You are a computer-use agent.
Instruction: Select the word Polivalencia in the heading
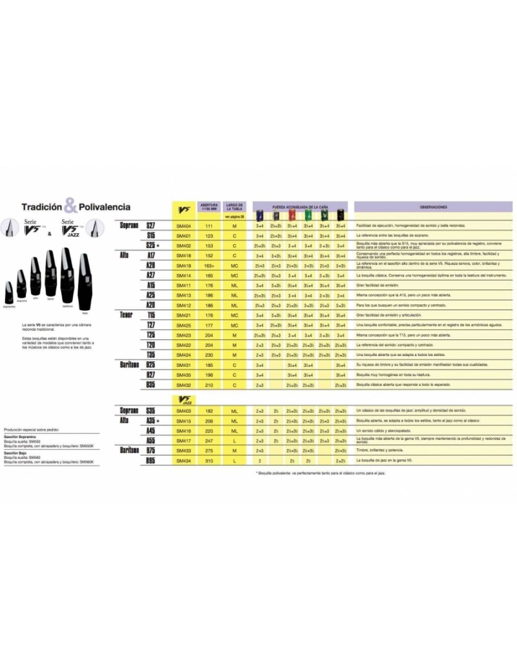pyautogui.click(x=105, y=207)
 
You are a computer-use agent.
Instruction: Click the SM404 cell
pyautogui.click(x=184, y=226)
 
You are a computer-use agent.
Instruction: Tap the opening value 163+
pyautogui.click(x=209, y=265)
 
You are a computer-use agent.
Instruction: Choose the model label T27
pyautogui.click(x=150, y=325)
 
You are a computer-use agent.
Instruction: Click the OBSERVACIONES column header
pyautogui.click(x=433, y=207)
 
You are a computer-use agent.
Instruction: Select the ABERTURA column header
pyautogui.click(x=209, y=205)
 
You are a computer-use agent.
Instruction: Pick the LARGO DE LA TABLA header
pyautogui.click(x=235, y=205)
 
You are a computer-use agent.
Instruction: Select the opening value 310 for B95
pyautogui.click(x=209, y=461)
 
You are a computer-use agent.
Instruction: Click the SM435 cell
pyautogui.click(x=184, y=375)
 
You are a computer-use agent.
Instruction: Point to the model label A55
pyautogui.click(x=150, y=440)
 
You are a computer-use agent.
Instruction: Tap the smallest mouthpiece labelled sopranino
pyautogui.click(x=8, y=292)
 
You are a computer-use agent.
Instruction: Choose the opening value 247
pyautogui.click(x=209, y=440)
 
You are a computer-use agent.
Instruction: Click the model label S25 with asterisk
pyautogui.click(x=153, y=246)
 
